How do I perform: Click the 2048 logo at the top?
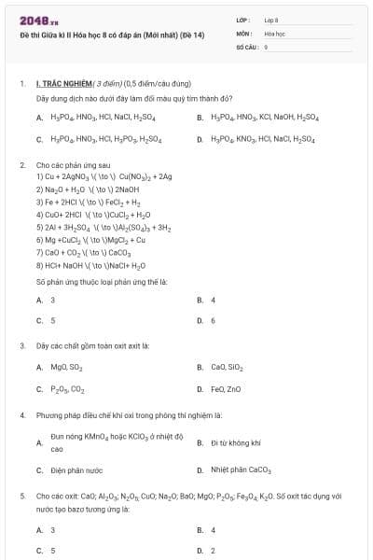[x=33, y=21]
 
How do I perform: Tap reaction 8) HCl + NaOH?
[x=89, y=264]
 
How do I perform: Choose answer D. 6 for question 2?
[x=214, y=320]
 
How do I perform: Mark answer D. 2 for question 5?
[x=214, y=551]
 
